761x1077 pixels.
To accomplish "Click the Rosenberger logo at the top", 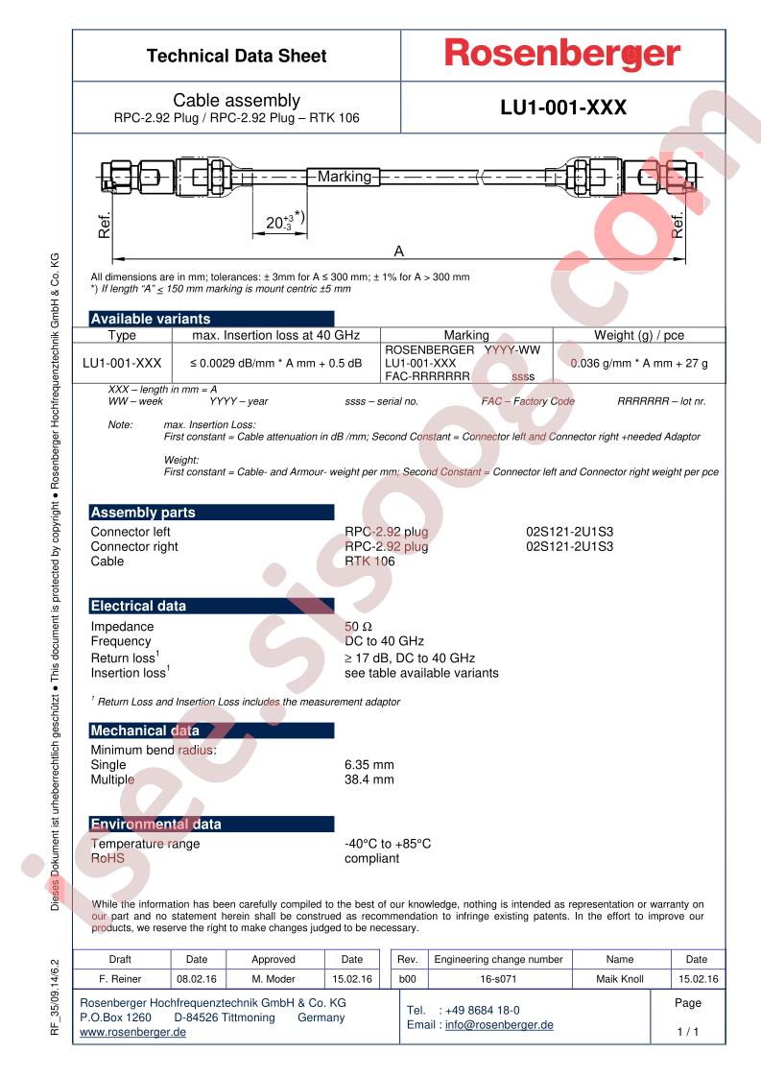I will [x=561, y=55].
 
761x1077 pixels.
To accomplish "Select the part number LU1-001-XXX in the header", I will [x=563, y=108].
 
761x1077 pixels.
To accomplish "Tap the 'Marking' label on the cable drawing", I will [x=344, y=177].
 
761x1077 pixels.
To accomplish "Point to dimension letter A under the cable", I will [x=399, y=251].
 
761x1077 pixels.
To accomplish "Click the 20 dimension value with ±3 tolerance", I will [x=278, y=223].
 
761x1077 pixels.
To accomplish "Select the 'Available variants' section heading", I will [x=150, y=319].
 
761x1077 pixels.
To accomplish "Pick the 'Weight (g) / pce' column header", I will [x=639, y=335].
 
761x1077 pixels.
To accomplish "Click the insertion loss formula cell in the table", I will [x=275, y=364].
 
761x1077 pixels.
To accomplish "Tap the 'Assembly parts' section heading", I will [x=143, y=513].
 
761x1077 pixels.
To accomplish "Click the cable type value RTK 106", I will [x=369, y=562].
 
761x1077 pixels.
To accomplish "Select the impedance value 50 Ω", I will [x=360, y=626].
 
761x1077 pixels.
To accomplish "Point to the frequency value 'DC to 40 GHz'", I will [x=384, y=641].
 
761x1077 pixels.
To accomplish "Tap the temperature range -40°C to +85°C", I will [x=388, y=844].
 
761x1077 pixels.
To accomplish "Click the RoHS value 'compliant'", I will [x=371, y=859].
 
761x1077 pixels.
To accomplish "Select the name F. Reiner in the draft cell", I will [x=121, y=979].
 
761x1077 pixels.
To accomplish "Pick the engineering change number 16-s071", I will [x=498, y=979].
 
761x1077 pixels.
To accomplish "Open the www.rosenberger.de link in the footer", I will [x=132, y=1032].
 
